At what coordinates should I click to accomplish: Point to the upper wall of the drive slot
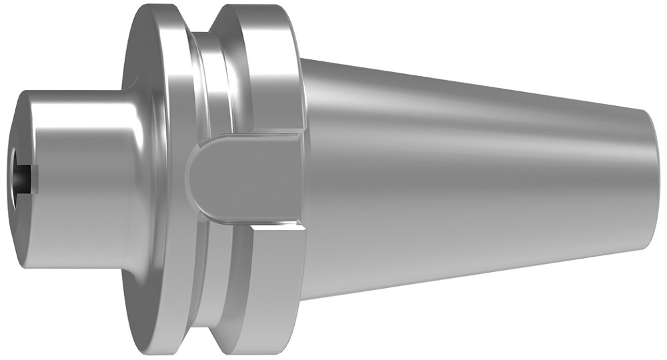253,137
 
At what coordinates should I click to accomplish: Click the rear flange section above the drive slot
267,67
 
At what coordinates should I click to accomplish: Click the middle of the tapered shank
467,177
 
